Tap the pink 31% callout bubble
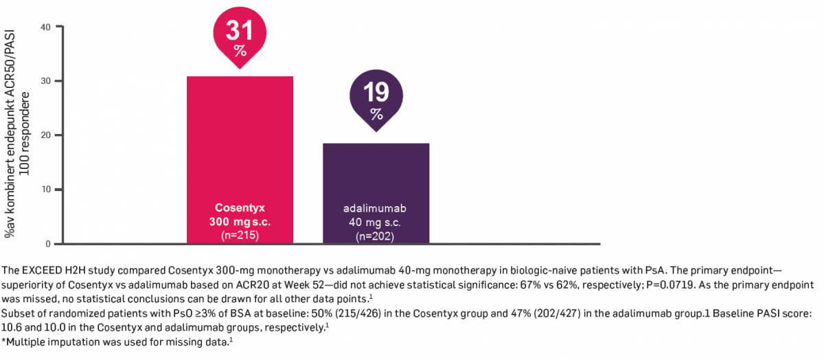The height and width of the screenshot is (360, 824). point(240,38)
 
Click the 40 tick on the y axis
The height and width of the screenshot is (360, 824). point(46,27)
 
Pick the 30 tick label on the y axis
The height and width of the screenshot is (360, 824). point(46,81)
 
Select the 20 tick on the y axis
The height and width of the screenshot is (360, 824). point(46,135)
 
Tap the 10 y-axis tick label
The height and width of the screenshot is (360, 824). point(46,190)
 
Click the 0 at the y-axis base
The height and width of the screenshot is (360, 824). point(49,244)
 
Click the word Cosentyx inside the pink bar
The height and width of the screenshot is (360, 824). point(240,208)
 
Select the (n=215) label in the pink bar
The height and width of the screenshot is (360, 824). point(240,235)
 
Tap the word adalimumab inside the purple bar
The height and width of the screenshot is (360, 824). point(376,208)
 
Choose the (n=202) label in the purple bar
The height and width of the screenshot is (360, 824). point(376,236)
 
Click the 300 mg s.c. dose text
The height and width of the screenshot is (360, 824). point(240,222)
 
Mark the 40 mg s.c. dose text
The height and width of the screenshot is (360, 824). point(376,222)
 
